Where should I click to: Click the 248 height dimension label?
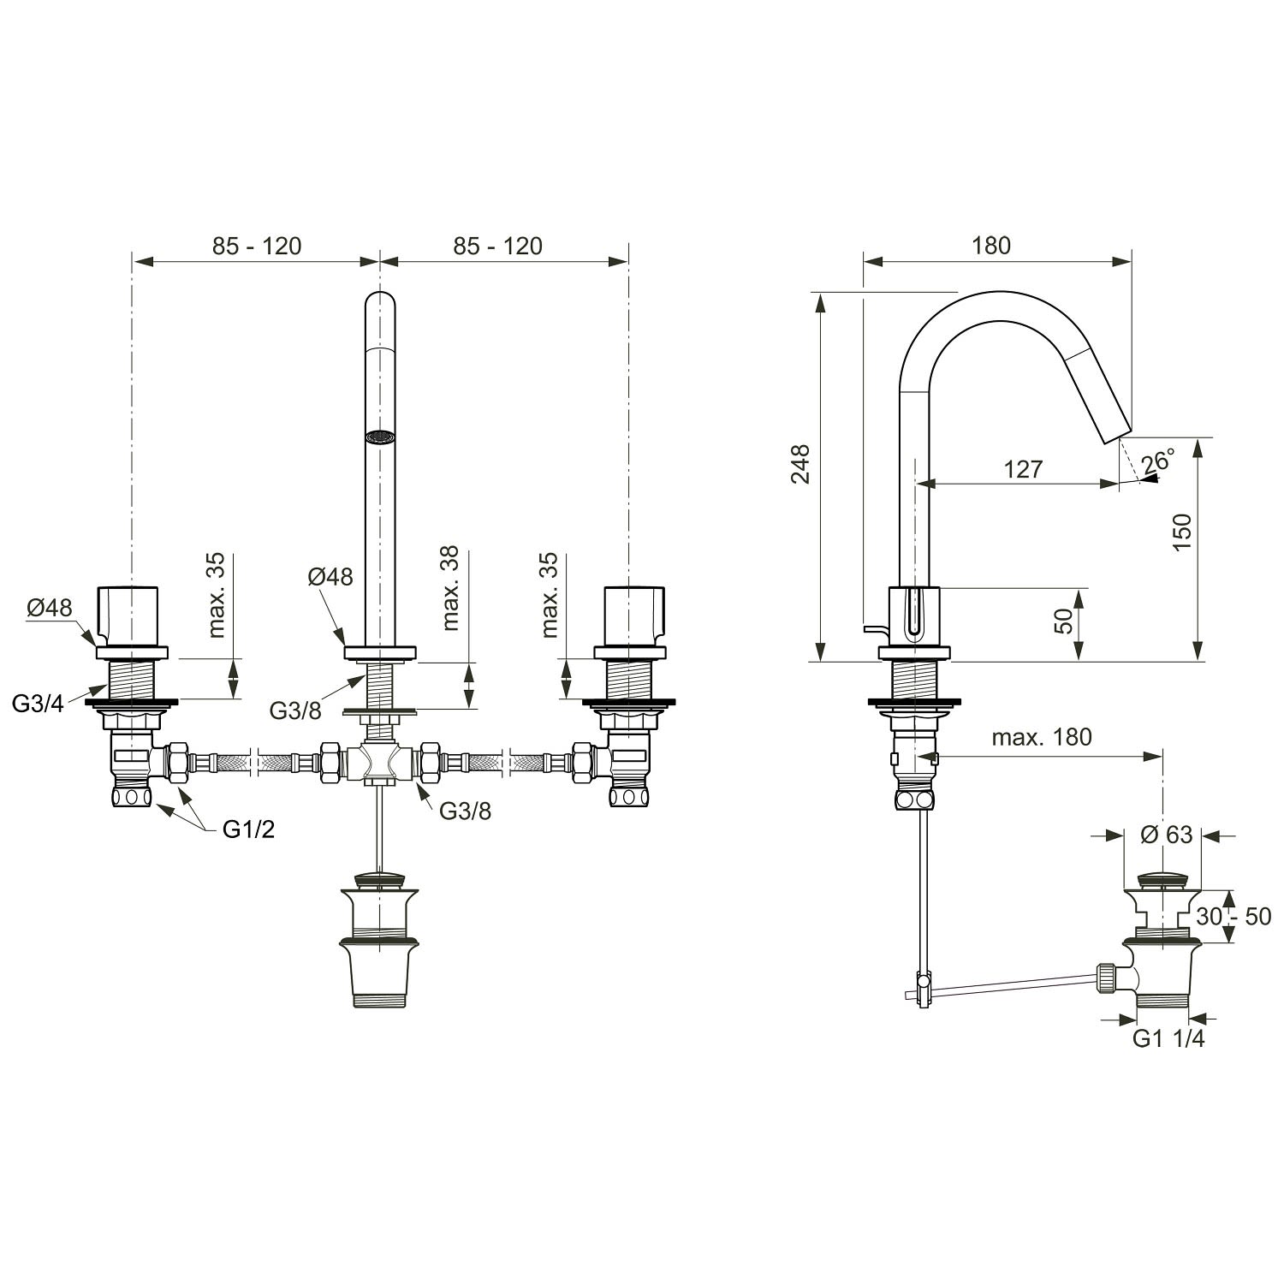[801, 463]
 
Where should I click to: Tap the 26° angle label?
[1158, 461]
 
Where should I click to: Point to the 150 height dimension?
[1181, 532]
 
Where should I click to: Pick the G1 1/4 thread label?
[1168, 1038]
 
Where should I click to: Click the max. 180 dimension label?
[1042, 737]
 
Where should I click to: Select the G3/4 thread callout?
[39, 704]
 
